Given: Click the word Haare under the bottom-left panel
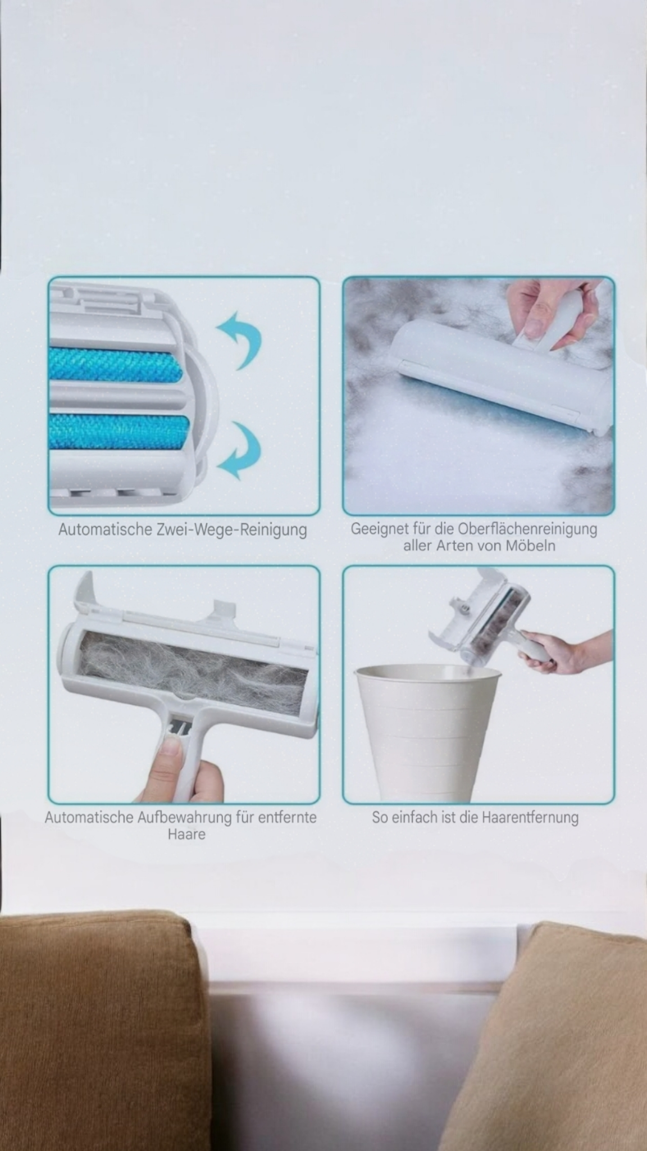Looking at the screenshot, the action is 186,833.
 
